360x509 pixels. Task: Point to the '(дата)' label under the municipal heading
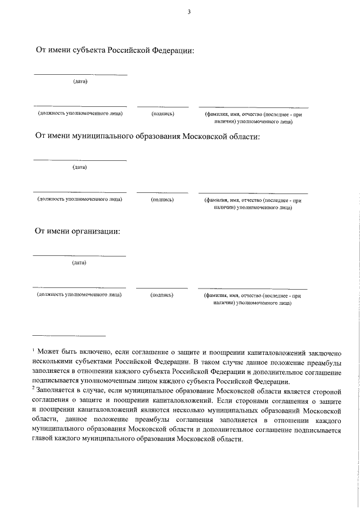coord(80,167)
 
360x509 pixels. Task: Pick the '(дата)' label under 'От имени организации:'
coord(79,263)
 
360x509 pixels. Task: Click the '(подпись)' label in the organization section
coord(162,295)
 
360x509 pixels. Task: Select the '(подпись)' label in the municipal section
coord(162,200)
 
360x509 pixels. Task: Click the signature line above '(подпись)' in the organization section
coord(162,288)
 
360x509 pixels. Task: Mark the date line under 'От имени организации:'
coord(79,256)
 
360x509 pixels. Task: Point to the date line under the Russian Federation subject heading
coord(80,75)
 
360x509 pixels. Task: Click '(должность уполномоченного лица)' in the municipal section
coord(80,200)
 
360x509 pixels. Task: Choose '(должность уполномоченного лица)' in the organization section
coord(79,295)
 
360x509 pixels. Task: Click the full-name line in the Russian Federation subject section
coord(253,107)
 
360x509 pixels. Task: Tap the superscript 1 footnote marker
coord(34,349)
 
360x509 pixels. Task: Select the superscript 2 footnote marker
coord(34,387)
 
